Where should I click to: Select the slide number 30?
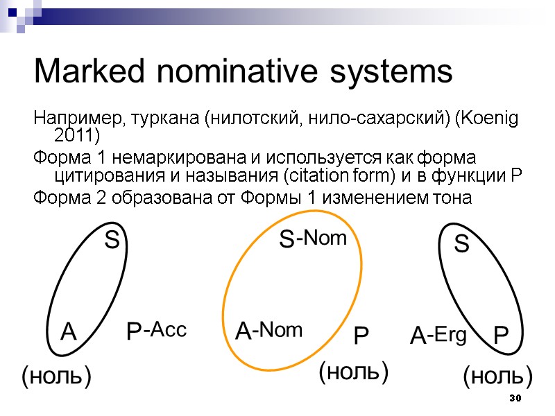(x=514, y=399)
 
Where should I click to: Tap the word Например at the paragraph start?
(x=74, y=119)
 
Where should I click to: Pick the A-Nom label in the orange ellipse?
(x=270, y=331)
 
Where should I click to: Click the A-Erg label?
(x=438, y=337)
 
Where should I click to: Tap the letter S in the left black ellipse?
(x=112, y=241)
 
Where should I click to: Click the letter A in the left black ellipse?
(x=67, y=333)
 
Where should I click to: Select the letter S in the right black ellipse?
(x=462, y=244)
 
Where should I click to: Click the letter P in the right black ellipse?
(x=501, y=337)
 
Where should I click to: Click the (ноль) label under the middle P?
(x=352, y=372)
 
